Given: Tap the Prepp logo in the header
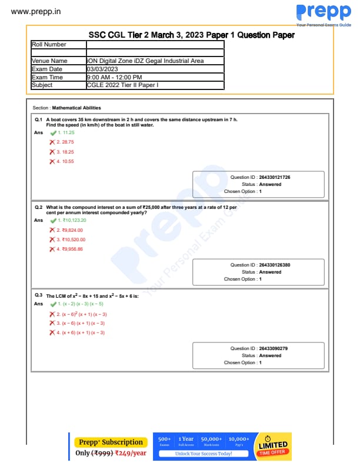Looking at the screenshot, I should tap(323, 13).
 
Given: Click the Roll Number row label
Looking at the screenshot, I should tap(49, 44).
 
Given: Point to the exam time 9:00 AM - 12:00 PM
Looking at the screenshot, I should tap(114, 77).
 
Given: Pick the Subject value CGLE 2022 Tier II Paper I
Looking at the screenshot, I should tap(122, 85).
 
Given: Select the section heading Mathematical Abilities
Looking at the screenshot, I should tap(76, 108).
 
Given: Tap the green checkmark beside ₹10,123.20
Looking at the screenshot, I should tap(53, 221).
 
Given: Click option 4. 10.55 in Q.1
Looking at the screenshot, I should tap(66, 161).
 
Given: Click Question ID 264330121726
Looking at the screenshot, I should tap(274, 177).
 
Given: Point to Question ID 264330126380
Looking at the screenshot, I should tap(274, 265).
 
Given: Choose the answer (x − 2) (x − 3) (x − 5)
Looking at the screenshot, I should tap(82, 304).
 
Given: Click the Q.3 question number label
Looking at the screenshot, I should tap(38, 295).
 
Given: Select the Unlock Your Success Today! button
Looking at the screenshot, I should tap(204, 454).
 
